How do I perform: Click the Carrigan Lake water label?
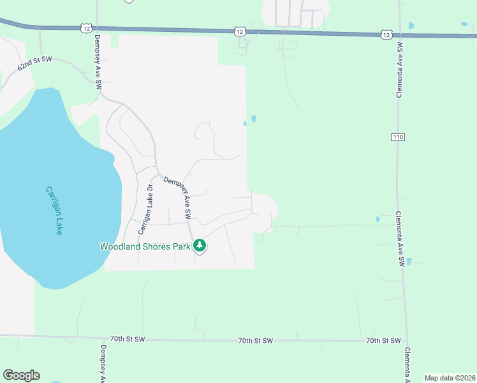tap(54, 210)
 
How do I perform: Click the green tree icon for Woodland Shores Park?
tap(200, 245)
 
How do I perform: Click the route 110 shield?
tap(399, 137)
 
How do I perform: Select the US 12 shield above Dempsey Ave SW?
tap(87, 27)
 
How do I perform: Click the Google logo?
tap(21, 375)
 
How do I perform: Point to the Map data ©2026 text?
tap(450, 378)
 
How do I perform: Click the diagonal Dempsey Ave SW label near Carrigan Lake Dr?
tap(179, 199)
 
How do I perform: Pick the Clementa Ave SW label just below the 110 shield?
tap(399, 238)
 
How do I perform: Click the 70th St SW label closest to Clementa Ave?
tap(383, 341)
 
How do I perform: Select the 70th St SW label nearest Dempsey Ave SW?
tap(128, 339)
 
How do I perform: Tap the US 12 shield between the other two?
tap(239, 31)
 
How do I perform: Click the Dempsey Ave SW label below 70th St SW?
tap(103, 364)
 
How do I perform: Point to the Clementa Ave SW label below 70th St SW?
tap(407, 364)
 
